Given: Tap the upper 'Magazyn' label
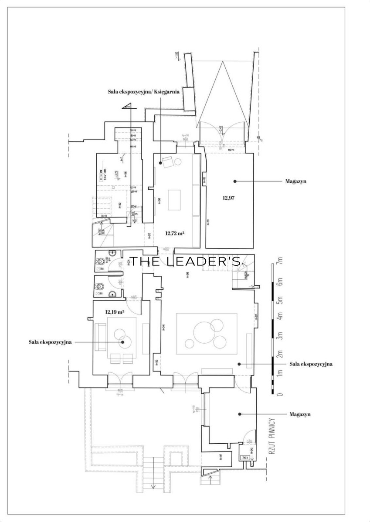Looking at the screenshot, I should coord(295,181).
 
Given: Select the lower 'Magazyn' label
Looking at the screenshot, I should coord(300,415).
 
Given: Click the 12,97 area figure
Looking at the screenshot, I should coord(229,198).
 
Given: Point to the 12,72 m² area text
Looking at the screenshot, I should coord(175,233).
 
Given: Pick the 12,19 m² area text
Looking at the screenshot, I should coord(115,312).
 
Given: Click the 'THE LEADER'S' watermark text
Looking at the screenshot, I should coord(186,261).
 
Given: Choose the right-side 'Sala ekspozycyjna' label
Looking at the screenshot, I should coord(311,364).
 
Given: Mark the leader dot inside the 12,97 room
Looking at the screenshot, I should coord(234,181).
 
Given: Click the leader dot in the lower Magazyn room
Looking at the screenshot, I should coord(239,414).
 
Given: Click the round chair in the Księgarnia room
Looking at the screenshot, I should coord(178,162).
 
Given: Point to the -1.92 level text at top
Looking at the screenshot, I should coord(177,55).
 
